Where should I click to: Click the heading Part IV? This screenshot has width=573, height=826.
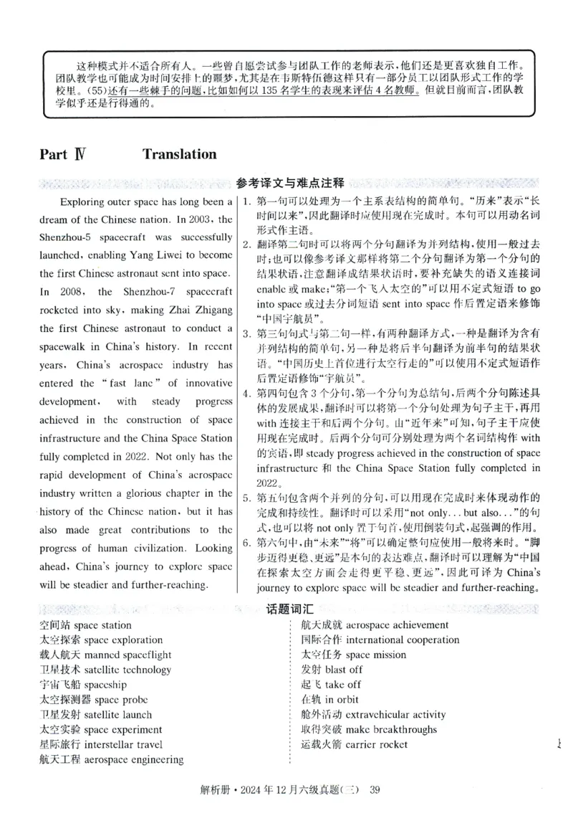[64, 154]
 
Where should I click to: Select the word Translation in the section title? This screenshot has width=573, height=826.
[179, 154]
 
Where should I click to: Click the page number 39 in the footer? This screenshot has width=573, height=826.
[372, 791]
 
